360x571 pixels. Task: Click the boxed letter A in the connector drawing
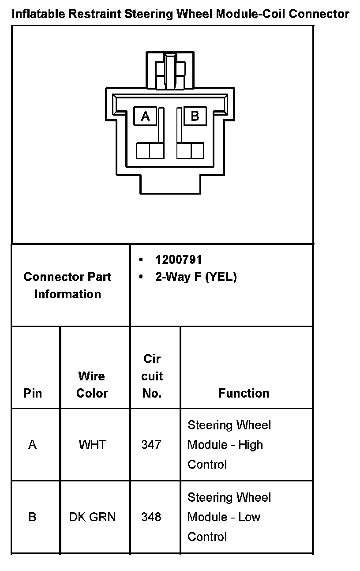145,116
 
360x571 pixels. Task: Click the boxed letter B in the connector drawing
195,116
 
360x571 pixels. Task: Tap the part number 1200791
178,259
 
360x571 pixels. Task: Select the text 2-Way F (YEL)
196,277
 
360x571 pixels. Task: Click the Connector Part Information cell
67,285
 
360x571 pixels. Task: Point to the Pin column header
33,393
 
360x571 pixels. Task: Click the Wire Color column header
92,384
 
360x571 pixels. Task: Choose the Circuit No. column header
152,376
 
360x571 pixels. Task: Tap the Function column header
244,393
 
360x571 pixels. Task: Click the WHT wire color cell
92,444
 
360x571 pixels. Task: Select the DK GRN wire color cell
92,517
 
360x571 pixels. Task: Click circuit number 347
151,444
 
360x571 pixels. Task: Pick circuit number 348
151,517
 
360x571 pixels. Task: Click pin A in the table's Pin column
32,444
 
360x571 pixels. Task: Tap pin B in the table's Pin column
32,517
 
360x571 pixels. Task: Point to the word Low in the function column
249,517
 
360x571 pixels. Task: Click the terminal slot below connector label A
150,150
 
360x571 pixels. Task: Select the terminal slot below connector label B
190,150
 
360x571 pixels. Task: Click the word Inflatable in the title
39,14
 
